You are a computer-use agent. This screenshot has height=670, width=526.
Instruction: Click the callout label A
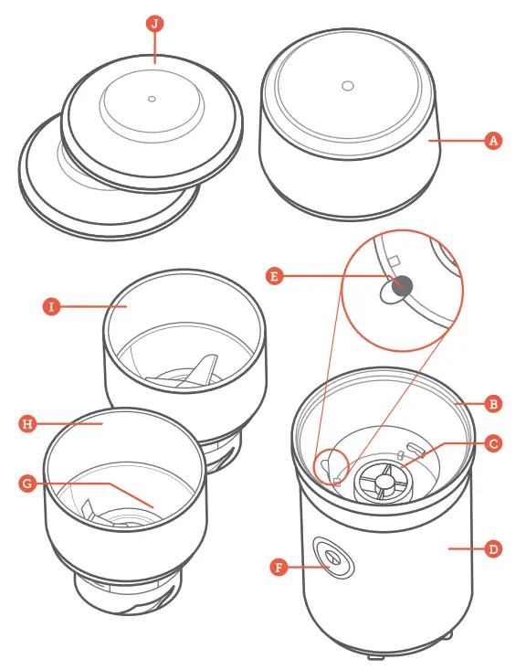click(493, 140)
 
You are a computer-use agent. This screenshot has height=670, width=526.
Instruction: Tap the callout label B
click(493, 404)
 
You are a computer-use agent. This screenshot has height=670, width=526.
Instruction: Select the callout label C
click(493, 443)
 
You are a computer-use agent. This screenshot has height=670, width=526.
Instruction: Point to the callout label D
click(493, 548)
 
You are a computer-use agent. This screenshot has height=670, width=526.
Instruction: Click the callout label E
click(274, 276)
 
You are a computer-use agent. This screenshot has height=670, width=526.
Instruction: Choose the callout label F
click(279, 568)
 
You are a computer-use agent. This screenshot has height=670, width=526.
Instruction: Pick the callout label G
click(27, 484)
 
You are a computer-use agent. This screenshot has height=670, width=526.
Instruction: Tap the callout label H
click(27, 424)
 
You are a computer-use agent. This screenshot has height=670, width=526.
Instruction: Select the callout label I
click(51, 306)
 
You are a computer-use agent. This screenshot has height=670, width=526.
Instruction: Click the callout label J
click(154, 23)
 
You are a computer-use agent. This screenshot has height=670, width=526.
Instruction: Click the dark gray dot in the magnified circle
click(402, 286)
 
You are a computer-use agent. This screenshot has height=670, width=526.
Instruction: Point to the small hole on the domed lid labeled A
click(348, 86)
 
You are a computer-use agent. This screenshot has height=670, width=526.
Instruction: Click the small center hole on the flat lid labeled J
click(152, 99)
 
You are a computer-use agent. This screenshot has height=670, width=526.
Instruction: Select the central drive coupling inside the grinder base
click(383, 480)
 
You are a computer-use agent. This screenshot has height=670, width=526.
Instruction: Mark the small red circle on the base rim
click(331, 466)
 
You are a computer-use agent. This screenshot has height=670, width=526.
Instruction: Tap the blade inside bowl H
click(88, 510)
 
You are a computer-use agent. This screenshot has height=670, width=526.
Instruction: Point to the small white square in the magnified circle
click(394, 261)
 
